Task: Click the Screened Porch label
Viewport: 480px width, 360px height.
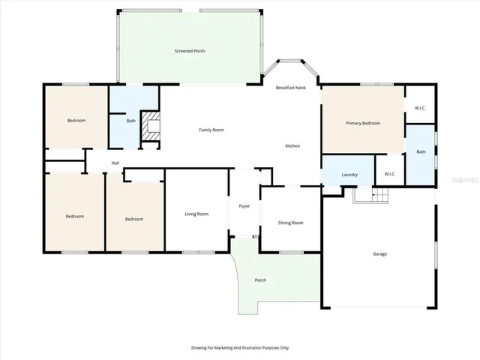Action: [x=190, y=51]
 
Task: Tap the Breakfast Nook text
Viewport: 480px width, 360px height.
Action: [x=290, y=88]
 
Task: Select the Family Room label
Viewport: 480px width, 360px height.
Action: [x=211, y=130]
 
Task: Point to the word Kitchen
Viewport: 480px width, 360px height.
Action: [x=292, y=145]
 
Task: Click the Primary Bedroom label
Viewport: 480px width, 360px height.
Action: [x=362, y=123]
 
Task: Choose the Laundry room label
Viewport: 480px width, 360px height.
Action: [x=349, y=175]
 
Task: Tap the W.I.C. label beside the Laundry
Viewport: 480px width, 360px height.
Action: [x=389, y=175]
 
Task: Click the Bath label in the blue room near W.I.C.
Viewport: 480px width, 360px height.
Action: [x=421, y=151]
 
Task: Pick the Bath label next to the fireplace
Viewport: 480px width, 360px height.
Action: [x=130, y=121]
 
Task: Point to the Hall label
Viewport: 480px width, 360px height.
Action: [x=115, y=163]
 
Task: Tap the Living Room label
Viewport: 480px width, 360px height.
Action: [x=196, y=214]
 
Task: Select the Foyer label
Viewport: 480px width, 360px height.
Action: [x=244, y=205]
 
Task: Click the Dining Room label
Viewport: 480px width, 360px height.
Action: [x=290, y=223]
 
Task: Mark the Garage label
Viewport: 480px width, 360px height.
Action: [x=380, y=253]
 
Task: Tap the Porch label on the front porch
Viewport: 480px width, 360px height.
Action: [x=260, y=280]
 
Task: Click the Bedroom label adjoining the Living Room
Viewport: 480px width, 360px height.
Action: [x=134, y=219]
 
